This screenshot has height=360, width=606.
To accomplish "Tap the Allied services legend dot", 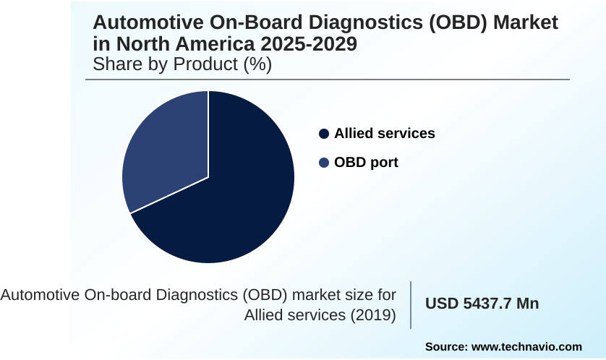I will pos(324,134).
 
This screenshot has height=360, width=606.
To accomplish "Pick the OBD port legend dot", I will pos(324,163).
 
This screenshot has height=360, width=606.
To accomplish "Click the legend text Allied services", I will pos(384,134).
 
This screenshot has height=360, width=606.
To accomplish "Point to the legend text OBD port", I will pos(366,163).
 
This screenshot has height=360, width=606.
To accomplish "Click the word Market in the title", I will pos(527,23).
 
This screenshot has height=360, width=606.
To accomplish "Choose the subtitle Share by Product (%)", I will pos(182,64).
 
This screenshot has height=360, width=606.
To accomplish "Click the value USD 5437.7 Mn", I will pos(482,304).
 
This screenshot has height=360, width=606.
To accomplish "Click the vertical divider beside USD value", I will pos(411,304).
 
